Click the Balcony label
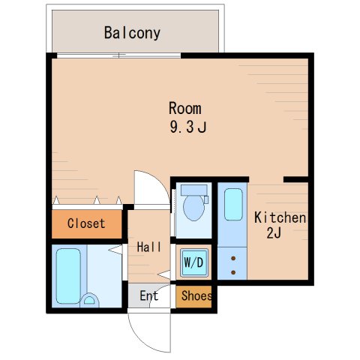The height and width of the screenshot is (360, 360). (x=132, y=33)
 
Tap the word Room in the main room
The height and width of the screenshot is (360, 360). (x=185, y=108)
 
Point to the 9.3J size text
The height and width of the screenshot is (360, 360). (x=188, y=127)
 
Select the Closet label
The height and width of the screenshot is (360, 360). (x=86, y=223)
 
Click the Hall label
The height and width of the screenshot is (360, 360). (x=149, y=247)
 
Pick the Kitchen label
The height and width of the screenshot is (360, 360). (x=280, y=217)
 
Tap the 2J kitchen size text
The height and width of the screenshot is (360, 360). (x=274, y=233)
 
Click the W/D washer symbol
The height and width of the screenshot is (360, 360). (x=194, y=262)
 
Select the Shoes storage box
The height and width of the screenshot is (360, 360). (x=194, y=297)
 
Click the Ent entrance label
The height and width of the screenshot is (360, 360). (x=149, y=295)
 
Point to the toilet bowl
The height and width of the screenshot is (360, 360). (x=193, y=208)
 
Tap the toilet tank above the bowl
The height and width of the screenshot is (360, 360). (x=194, y=190)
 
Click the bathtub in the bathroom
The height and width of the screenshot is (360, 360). (x=68, y=276)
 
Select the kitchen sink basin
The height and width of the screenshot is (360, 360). (x=233, y=204)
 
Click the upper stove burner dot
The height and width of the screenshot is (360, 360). (x=233, y=258)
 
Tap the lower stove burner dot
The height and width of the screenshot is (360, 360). (x=233, y=272)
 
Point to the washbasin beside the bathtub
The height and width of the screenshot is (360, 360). (x=89, y=300)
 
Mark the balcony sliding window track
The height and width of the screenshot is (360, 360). (x=118, y=55)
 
